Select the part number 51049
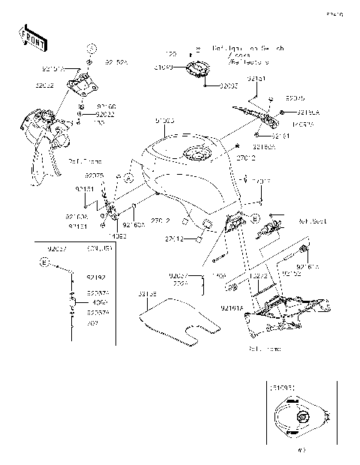(x=163, y=67)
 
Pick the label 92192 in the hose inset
(x=95, y=276)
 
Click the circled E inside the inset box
(x=44, y=263)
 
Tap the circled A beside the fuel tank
(x=128, y=179)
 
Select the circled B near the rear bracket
(x=256, y=218)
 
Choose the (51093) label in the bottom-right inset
(x=284, y=388)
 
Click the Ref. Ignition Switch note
(x=241, y=49)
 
